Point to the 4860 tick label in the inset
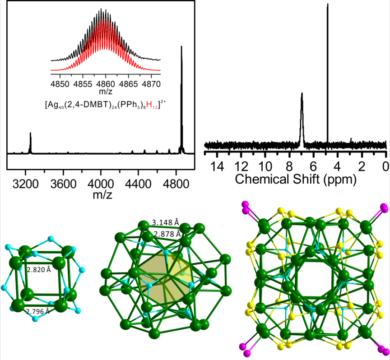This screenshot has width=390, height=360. (106, 84)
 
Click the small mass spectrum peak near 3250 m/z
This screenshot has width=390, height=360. (30, 140)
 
